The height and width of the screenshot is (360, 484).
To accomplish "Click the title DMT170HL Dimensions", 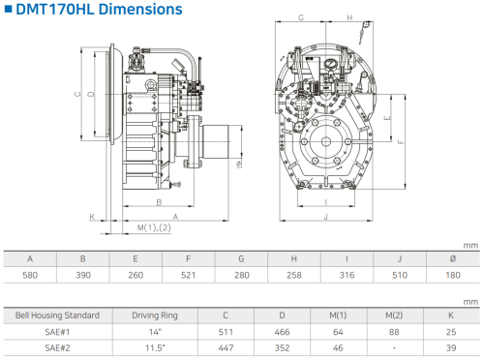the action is click(99, 9).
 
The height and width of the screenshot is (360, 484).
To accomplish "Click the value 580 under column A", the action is click(30, 275).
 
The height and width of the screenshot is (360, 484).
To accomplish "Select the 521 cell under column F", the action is click(188, 275).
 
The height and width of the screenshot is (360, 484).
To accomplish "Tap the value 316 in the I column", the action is click(347, 275).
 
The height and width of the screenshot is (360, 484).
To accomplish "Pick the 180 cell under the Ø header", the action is click(453, 275).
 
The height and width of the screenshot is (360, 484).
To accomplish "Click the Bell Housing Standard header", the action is click(57, 315).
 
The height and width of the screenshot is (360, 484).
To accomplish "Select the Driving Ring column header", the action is click(155, 315).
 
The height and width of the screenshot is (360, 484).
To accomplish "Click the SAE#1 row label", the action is click(57, 332).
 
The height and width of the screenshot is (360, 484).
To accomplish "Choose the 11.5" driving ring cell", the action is click(155, 348).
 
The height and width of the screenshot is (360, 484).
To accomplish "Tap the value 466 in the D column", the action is click(282, 332).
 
